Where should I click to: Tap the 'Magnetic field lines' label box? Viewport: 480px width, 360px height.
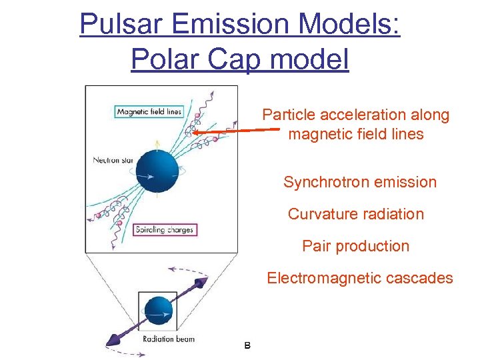point(149,111)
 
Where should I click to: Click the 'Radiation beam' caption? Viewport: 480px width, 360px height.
point(169,339)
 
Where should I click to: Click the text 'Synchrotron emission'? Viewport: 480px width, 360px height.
point(359,182)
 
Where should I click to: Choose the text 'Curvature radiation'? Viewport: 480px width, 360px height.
point(355,214)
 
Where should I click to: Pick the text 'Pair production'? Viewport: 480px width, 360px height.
point(355,246)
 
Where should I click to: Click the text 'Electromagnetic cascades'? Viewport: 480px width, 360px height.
point(359,278)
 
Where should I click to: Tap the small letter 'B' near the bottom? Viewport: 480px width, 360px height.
point(247,345)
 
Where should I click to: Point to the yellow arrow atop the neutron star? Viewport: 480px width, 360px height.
point(157,145)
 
